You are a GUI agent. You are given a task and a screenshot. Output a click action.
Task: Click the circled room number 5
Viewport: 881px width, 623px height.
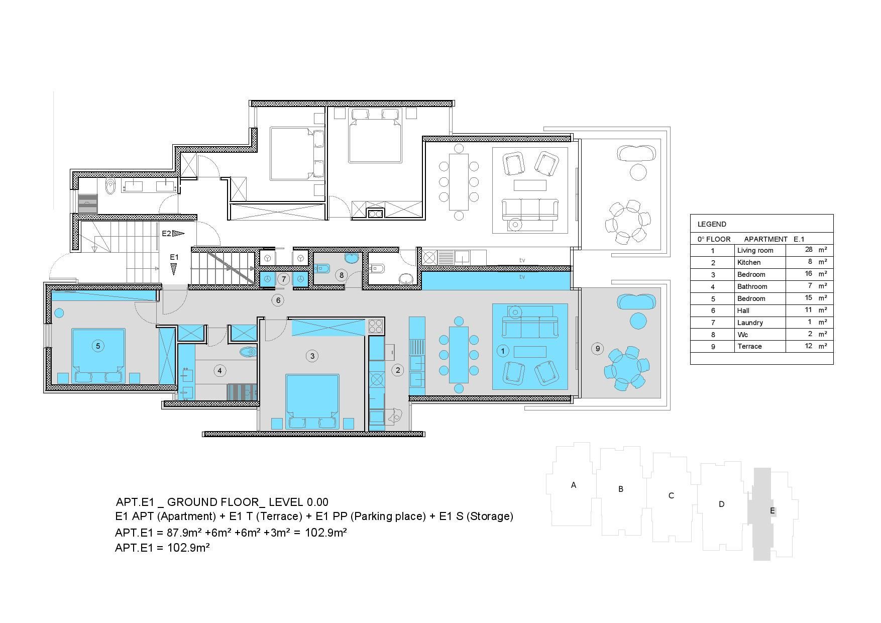98,346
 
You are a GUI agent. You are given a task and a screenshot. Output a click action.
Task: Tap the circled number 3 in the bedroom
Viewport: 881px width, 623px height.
312,356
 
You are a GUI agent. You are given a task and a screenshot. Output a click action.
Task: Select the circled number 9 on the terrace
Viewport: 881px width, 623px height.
597,348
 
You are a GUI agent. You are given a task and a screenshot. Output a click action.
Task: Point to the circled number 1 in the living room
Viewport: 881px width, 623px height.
502,351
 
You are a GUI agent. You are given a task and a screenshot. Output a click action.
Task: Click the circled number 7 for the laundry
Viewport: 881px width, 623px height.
284,279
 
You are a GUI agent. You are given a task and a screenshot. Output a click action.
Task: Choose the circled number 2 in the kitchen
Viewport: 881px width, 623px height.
397,370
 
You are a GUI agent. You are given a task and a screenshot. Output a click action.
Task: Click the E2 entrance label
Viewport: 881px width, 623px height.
166,233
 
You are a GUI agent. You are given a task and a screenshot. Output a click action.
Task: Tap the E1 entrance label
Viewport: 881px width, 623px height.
174,257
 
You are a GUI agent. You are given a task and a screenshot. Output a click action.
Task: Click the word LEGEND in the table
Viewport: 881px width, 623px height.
712,224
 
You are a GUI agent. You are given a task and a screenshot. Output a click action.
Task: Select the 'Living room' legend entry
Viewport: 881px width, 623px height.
755,250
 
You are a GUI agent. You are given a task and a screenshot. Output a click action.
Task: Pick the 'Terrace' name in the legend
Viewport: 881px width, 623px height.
749,346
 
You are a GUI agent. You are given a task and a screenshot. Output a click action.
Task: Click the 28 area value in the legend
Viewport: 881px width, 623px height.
809,249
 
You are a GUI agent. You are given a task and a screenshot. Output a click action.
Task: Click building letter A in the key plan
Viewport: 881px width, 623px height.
574,485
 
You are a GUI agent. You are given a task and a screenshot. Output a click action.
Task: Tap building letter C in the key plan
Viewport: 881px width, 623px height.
671,495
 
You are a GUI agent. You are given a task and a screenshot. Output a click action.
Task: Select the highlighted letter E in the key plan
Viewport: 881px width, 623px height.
773,511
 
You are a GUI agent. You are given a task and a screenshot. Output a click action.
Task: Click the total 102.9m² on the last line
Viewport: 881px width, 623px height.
188,547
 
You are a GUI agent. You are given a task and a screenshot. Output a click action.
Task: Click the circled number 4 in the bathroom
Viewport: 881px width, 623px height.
219,371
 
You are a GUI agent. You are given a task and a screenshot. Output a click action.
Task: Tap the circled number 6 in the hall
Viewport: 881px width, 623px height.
277,300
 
